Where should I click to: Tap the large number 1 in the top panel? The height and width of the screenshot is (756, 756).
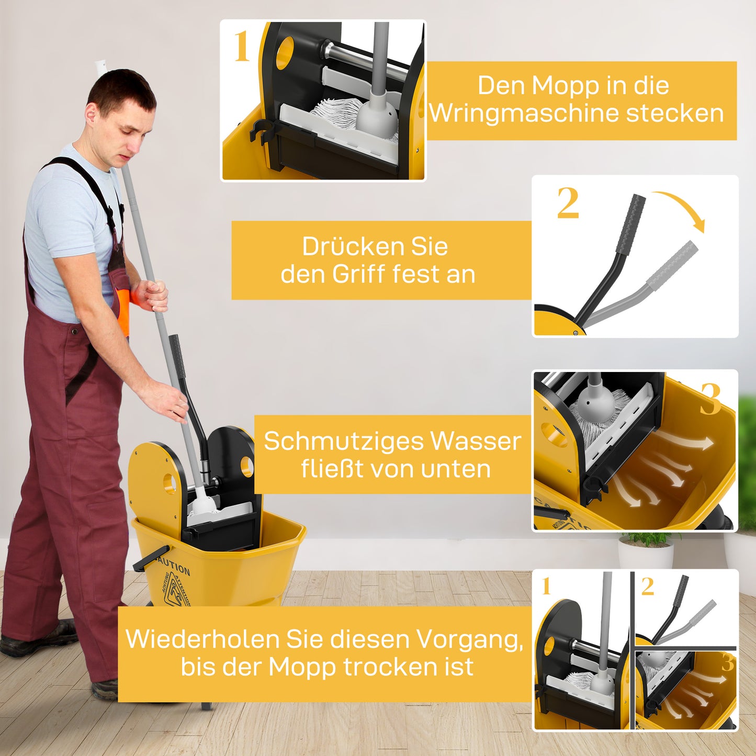[x=241, y=47]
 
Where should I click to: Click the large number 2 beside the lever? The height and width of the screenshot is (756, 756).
[x=568, y=203]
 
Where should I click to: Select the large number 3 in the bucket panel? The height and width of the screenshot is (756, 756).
[x=711, y=399]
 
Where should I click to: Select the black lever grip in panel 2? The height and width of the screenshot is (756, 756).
[x=630, y=224]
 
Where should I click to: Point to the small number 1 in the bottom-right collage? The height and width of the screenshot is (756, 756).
[x=546, y=586]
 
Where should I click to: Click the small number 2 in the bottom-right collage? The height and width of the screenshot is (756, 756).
[x=648, y=586]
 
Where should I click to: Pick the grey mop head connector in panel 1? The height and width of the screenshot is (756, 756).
[x=377, y=111]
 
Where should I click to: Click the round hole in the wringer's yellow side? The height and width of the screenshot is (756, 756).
[x=170, y=482]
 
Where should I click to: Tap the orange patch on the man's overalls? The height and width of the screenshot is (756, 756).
[x=123, y=311]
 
